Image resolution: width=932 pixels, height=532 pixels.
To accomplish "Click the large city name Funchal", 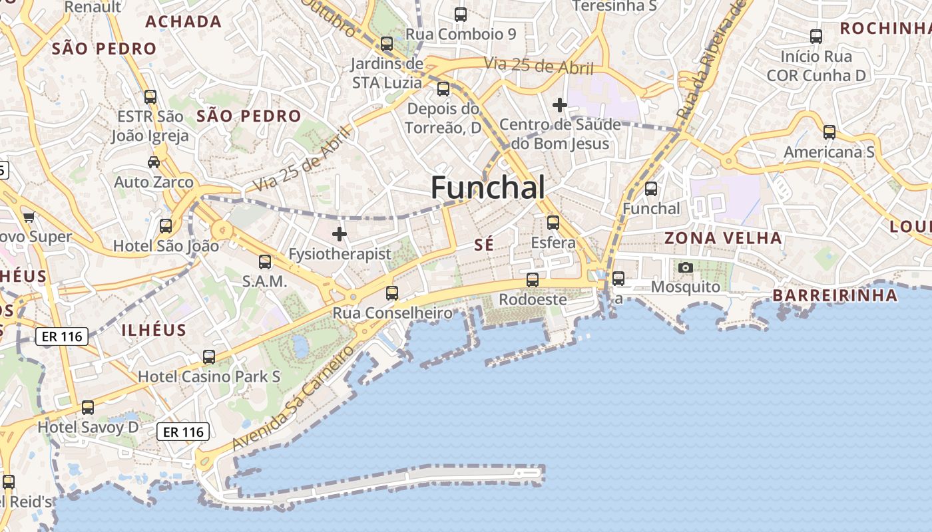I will point(488,188).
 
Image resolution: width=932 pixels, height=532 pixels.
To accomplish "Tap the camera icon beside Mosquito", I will point(685,268).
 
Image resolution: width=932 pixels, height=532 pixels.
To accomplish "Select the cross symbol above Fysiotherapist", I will point(340,234).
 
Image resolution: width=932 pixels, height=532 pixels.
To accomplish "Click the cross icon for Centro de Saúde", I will point(560,105).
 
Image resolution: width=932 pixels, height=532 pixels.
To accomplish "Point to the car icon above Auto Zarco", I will point(153,162).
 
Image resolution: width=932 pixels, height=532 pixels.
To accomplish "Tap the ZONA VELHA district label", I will point(723,238).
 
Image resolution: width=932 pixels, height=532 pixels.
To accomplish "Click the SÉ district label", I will point(484,245).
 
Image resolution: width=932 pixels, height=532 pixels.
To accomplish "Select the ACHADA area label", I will point(183,21).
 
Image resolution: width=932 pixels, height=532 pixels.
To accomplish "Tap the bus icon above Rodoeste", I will point(532,280).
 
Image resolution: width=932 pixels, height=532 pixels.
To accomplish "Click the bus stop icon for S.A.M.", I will point(264,262).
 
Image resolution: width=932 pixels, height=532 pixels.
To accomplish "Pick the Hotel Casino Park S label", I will point(209,376).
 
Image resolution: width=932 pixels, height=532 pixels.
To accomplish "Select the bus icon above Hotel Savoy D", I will point(87,408).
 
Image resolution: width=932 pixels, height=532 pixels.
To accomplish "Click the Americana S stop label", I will point(829,152).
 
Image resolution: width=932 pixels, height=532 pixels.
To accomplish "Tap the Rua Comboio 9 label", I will point(461,34).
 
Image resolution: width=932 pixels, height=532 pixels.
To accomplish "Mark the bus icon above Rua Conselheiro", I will point(392,293).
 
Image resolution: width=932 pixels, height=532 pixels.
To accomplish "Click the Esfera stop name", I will point(553,243).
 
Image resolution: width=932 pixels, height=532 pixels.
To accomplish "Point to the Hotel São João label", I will point(166,245).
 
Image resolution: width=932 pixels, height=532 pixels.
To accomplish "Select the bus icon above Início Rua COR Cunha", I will point(815,37).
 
